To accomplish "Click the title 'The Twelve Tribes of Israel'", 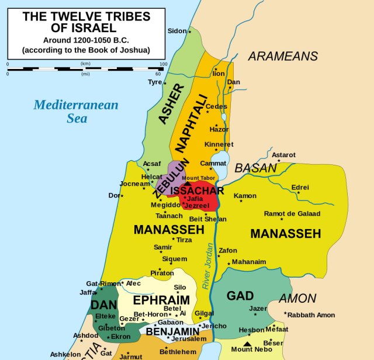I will tap(85, 22).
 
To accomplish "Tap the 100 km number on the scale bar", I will tap(163, 64).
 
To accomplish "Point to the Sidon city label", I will tap(176, 30).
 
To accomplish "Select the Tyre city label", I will tap(155, 82).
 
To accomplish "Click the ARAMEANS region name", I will tap(283, 56).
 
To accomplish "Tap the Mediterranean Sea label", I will tap(76, 111).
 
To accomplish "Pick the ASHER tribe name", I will tap(171, 105).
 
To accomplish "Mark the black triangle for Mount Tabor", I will tap(188, 183).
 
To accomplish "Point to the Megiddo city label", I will tap(166, 205).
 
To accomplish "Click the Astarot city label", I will tap(283, 155).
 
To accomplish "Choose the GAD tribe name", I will tap(240, 296).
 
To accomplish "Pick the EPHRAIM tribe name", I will tap(161, 300).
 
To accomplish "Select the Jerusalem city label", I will tap(189, 338).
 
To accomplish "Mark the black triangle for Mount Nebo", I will tap(248, 344).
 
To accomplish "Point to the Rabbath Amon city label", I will tap(311, 315).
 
